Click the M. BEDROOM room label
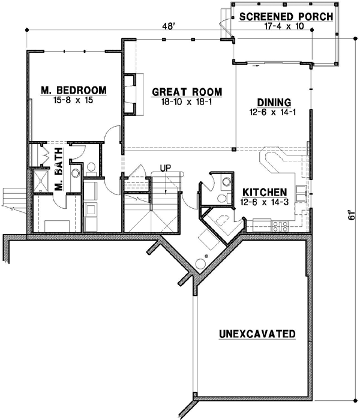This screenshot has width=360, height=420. (74, 91)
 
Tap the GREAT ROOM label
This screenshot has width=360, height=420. (187, 92)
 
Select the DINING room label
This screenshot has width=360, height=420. (274, 102)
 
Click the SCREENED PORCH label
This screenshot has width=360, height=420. (286, 16)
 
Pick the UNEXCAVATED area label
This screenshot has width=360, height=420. (256, 333)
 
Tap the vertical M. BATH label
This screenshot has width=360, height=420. (59, 178)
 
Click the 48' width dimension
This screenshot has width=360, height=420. (175, 26)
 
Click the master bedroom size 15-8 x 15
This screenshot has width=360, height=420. (74, 101)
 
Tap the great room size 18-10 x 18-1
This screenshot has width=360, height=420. (187, 103)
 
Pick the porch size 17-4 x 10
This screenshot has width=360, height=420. (286, 27)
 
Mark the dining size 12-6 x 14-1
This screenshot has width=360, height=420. (274, 112)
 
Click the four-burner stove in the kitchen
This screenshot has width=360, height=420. (280, 227)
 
